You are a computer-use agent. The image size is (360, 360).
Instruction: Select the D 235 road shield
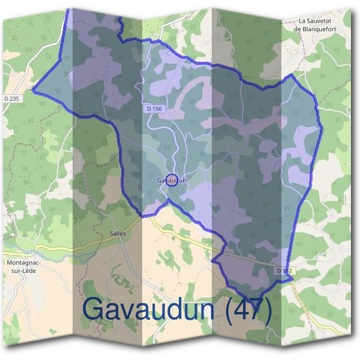(x=11, y=98)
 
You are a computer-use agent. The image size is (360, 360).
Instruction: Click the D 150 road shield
(x=154, y=109)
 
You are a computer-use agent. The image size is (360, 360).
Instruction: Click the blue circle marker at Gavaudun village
(x=172, y=180)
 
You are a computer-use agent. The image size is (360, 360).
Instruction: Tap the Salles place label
(x=118, y=233)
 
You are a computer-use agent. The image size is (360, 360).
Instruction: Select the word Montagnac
(x=22, y=263)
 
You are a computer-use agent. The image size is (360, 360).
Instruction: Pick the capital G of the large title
(x=95, y=310)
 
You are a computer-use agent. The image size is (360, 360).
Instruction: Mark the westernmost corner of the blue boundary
(x=32, y=92)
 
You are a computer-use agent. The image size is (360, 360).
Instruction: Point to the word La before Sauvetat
(x=303, y=20)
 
